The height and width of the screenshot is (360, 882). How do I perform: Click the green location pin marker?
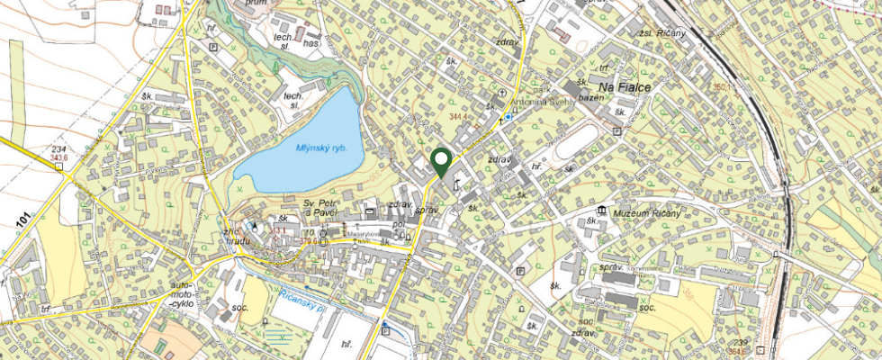coord(440,161)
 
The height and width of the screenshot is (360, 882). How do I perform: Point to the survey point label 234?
coord(59,149)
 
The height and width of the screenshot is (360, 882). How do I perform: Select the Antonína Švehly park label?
coord(544,101)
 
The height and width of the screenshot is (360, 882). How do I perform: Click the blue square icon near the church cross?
coord(508,117)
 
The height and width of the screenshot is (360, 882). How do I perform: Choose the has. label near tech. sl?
coord(312,43)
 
